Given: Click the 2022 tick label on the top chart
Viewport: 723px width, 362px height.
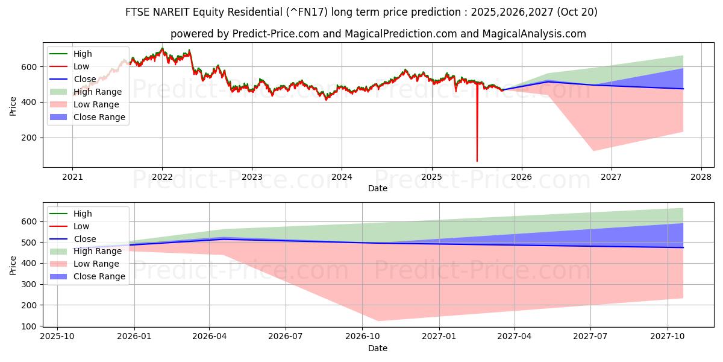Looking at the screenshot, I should click(x=162, y=177).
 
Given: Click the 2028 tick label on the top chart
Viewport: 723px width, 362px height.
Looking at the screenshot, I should click(x=701, y=177).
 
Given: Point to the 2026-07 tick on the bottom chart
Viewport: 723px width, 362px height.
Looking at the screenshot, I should click(x=286, y=336).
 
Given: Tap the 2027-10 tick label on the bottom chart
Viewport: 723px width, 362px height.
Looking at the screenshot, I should click(x=668, y=336).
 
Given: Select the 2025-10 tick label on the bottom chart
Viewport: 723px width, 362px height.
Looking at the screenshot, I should click(x=57, y=336).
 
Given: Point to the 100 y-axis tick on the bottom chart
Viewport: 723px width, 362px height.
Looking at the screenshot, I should click(x=30, y=326).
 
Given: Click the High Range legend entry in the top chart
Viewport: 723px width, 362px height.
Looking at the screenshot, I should click(x=97, y=92).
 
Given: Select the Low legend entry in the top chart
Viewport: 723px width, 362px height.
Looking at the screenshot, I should click(x=81, y=66).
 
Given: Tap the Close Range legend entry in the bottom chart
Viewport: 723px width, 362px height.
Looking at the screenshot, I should click(x=99, y=276).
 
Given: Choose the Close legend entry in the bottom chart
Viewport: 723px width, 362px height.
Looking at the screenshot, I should click(x=84, y=239).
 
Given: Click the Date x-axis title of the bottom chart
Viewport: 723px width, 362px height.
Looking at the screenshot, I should click(x=377, y=348).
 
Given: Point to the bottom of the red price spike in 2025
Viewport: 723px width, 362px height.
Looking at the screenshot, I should click(x=477, y=161).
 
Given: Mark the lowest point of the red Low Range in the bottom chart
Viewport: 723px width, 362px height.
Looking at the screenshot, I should click(x=378, y=321).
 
